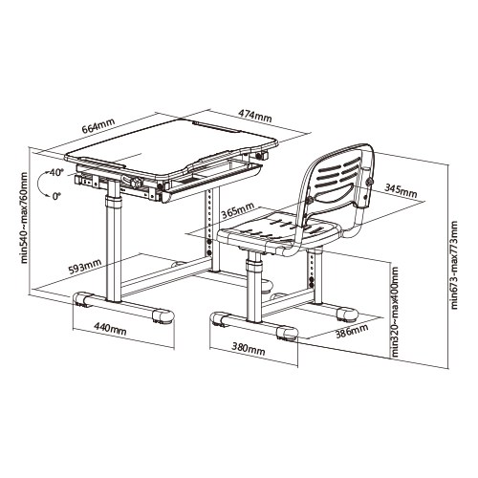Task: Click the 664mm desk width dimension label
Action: click(98, 126)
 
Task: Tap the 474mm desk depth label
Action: click(255, 116)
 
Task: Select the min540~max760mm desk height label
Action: click(24, 218)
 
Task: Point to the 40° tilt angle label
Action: click(55, 173)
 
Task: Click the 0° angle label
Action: click(56, 196)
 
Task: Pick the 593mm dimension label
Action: click(85, 267)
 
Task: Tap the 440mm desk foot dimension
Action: click(110, 329)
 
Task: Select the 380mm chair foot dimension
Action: click(249, 348)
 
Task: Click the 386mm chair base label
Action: click(352, 331)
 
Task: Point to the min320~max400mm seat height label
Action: click(395, 312)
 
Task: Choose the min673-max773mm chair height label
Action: click(454, 265)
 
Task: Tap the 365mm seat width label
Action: click(238, 210)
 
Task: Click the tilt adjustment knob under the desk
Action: click(137, 183)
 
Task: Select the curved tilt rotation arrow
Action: click(41, 184)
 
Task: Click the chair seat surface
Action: click(276, 230)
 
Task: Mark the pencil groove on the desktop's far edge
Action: click(216, 125)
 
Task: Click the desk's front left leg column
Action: click(114, 241)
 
